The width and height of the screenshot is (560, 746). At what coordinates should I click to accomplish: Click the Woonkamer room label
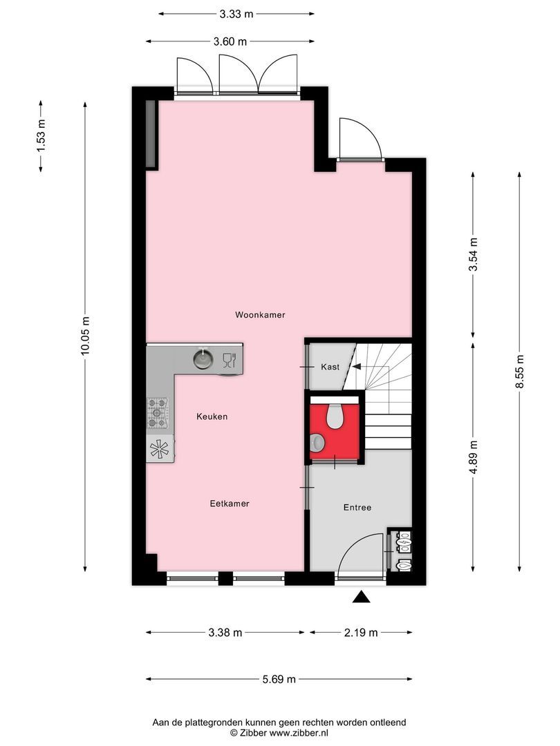coord(260,315)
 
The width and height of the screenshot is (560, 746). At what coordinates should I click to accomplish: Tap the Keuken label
coord(212,417)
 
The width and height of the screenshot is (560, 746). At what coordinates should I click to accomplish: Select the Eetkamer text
coord(230,504)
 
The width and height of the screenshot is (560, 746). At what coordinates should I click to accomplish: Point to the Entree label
coord(357,508)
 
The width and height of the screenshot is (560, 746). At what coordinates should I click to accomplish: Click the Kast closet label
coord(330,367)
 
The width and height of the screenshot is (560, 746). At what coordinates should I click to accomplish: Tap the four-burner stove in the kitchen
coord(158,413)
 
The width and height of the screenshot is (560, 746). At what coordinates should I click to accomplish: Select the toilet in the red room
coord(335,415)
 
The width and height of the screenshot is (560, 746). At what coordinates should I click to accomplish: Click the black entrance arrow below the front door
coord(362,597)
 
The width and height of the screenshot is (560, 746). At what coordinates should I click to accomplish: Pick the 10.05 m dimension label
coord(85,336)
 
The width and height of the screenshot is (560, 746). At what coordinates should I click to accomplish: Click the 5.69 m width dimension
coord(279,680)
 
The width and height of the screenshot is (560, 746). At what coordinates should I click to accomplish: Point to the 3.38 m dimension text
coord(225,633)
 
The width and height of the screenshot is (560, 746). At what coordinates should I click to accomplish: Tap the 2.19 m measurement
coord(361,633)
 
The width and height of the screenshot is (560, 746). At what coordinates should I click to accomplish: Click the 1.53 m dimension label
coord(41,135)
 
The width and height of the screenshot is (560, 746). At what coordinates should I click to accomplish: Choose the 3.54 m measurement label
coord(474,255)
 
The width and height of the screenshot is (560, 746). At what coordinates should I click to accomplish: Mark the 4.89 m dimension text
coord(474,457)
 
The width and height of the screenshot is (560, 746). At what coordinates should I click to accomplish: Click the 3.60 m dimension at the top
coord(230,41)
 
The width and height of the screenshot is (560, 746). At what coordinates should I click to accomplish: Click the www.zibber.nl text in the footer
coord(299,732)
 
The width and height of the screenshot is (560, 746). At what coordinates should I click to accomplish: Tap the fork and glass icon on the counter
coord(229,359)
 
